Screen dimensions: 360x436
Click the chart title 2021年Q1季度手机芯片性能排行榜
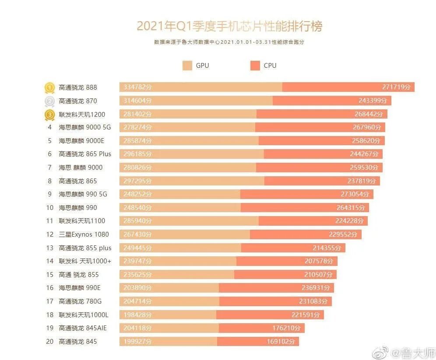click(x=229, y=26)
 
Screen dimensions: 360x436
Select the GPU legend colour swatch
click(x=187, y=66)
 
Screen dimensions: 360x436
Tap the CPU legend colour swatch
click(x=255, y=66)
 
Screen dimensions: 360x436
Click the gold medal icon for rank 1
click(x=49, y=87)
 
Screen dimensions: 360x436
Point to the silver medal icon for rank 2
click(x=49, y=101)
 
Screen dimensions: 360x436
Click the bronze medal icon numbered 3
click(x=49, y=115)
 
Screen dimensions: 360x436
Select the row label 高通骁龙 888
click(x=78, y=87)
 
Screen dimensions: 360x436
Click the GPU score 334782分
click(x=136, y=87)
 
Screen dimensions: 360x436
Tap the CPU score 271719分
click(x=397, y=87)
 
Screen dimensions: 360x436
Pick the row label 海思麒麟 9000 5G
click(x=85, y=128)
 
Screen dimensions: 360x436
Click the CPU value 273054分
click(x=355, y=194)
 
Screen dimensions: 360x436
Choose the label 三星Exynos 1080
click(x=84, y=234)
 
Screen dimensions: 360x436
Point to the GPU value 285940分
click(x=136, y=221)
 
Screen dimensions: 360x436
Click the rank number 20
click(x=49, y=341)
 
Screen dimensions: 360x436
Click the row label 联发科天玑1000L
click(x=84, y=315)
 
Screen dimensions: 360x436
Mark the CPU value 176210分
click(x=286, y=328)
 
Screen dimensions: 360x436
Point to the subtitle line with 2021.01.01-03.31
click(x=229, y=42)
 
